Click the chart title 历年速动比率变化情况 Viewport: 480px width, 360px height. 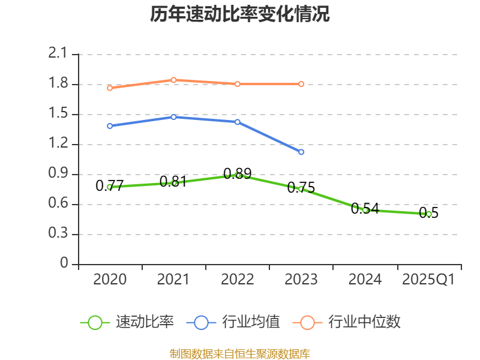click(x=240, y=14)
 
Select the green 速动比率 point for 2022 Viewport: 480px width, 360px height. click(x=238, y=175)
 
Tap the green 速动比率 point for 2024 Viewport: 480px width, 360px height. click(x=365, y=210)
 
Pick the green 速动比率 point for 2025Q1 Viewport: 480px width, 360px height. click(x=428, y=214)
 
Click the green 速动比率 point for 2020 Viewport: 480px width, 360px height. click(x=110, y=187)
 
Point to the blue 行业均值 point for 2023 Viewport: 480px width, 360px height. click(x=301, y=152)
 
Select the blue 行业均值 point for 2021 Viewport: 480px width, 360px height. click(x=173, y=117)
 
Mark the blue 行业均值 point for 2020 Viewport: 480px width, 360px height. click(x=110, y=126)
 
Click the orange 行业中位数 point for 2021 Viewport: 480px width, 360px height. click(x=173, y=80)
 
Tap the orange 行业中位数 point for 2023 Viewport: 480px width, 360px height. click(x=301, y=84)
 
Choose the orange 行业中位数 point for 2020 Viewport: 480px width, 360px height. click(x=110, y=88)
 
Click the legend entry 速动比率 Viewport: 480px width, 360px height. click(x=128, y=322)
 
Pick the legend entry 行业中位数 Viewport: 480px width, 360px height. click(x=347, y=322)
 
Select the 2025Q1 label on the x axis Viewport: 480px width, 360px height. click(x=428, y=280)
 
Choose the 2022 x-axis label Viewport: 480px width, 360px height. click(x=238, y=280)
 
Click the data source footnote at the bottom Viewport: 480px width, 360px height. click(x=240, y=353)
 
